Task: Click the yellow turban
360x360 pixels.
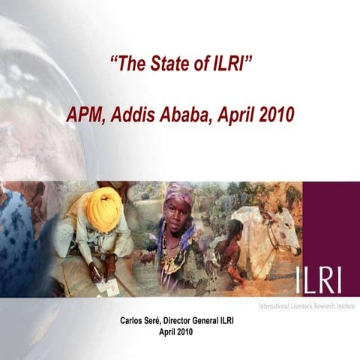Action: (104, 208)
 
